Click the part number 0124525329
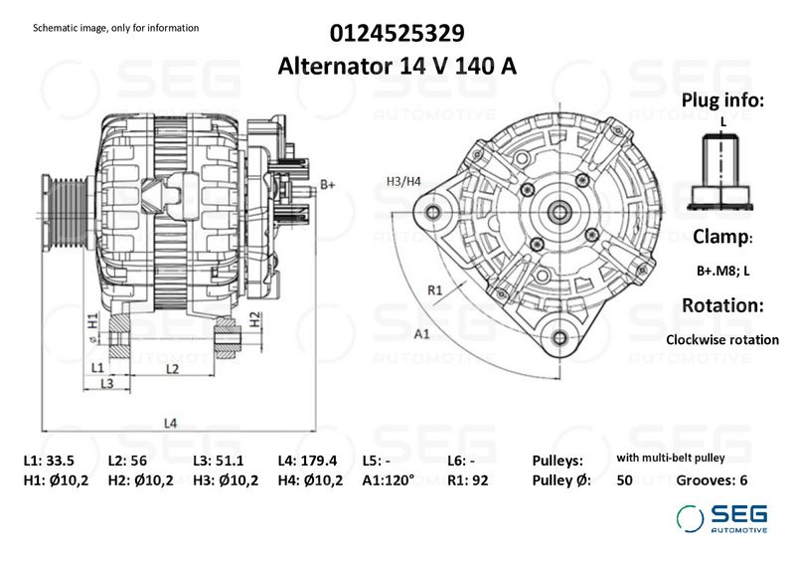397,34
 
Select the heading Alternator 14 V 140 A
397,66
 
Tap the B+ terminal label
328,184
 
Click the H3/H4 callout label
403,181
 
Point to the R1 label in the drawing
435,290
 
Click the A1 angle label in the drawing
421,334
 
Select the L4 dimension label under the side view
170,423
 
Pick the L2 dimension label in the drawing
172,369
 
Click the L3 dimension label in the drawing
107,383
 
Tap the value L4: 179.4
307,461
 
